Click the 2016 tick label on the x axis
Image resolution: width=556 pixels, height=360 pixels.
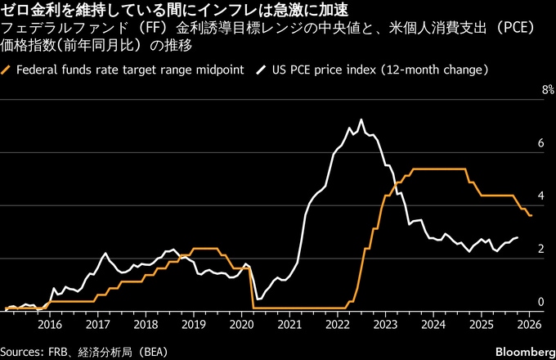click(50, 323)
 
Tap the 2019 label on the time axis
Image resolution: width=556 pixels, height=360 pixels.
click(193, 323)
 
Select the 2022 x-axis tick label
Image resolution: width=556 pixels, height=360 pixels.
click(338, 323)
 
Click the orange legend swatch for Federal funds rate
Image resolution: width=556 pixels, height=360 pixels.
click(7, 70)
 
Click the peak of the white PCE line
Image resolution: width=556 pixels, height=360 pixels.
click(361, 120)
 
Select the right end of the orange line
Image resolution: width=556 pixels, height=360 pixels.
click(531, 215)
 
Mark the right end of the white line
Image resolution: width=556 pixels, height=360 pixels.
click(518, 237)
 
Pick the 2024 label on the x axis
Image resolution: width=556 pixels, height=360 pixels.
click(434, 323)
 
